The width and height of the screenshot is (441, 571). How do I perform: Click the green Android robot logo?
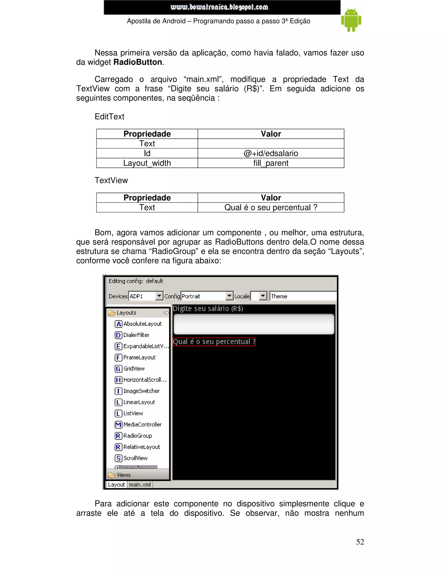pos(351,20)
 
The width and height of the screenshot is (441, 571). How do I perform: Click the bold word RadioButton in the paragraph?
pos(138,62)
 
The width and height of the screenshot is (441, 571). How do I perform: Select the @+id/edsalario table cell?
pos(271,153)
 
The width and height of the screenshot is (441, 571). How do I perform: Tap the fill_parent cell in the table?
pos(271,163)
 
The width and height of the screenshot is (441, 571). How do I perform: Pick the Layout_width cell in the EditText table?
pos(147,163)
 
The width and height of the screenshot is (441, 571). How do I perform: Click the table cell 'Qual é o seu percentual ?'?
pos(271,207)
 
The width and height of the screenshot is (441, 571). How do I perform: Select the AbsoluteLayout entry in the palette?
pos(142,324)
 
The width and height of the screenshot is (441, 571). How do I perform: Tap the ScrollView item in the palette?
pos(135,458)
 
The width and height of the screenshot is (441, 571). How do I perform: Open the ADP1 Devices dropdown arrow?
pos(159,296)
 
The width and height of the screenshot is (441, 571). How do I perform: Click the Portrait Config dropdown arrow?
pos(229,296)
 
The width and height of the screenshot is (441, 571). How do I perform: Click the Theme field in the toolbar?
pos(303,296)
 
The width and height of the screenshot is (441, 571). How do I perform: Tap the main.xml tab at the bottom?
pos(140,484)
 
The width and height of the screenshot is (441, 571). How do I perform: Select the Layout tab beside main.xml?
pos(116,484)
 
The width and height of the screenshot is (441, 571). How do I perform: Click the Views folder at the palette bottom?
pos(124,475)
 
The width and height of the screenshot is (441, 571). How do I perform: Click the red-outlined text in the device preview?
pos(214,342)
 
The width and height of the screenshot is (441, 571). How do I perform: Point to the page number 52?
pos(360,542)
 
